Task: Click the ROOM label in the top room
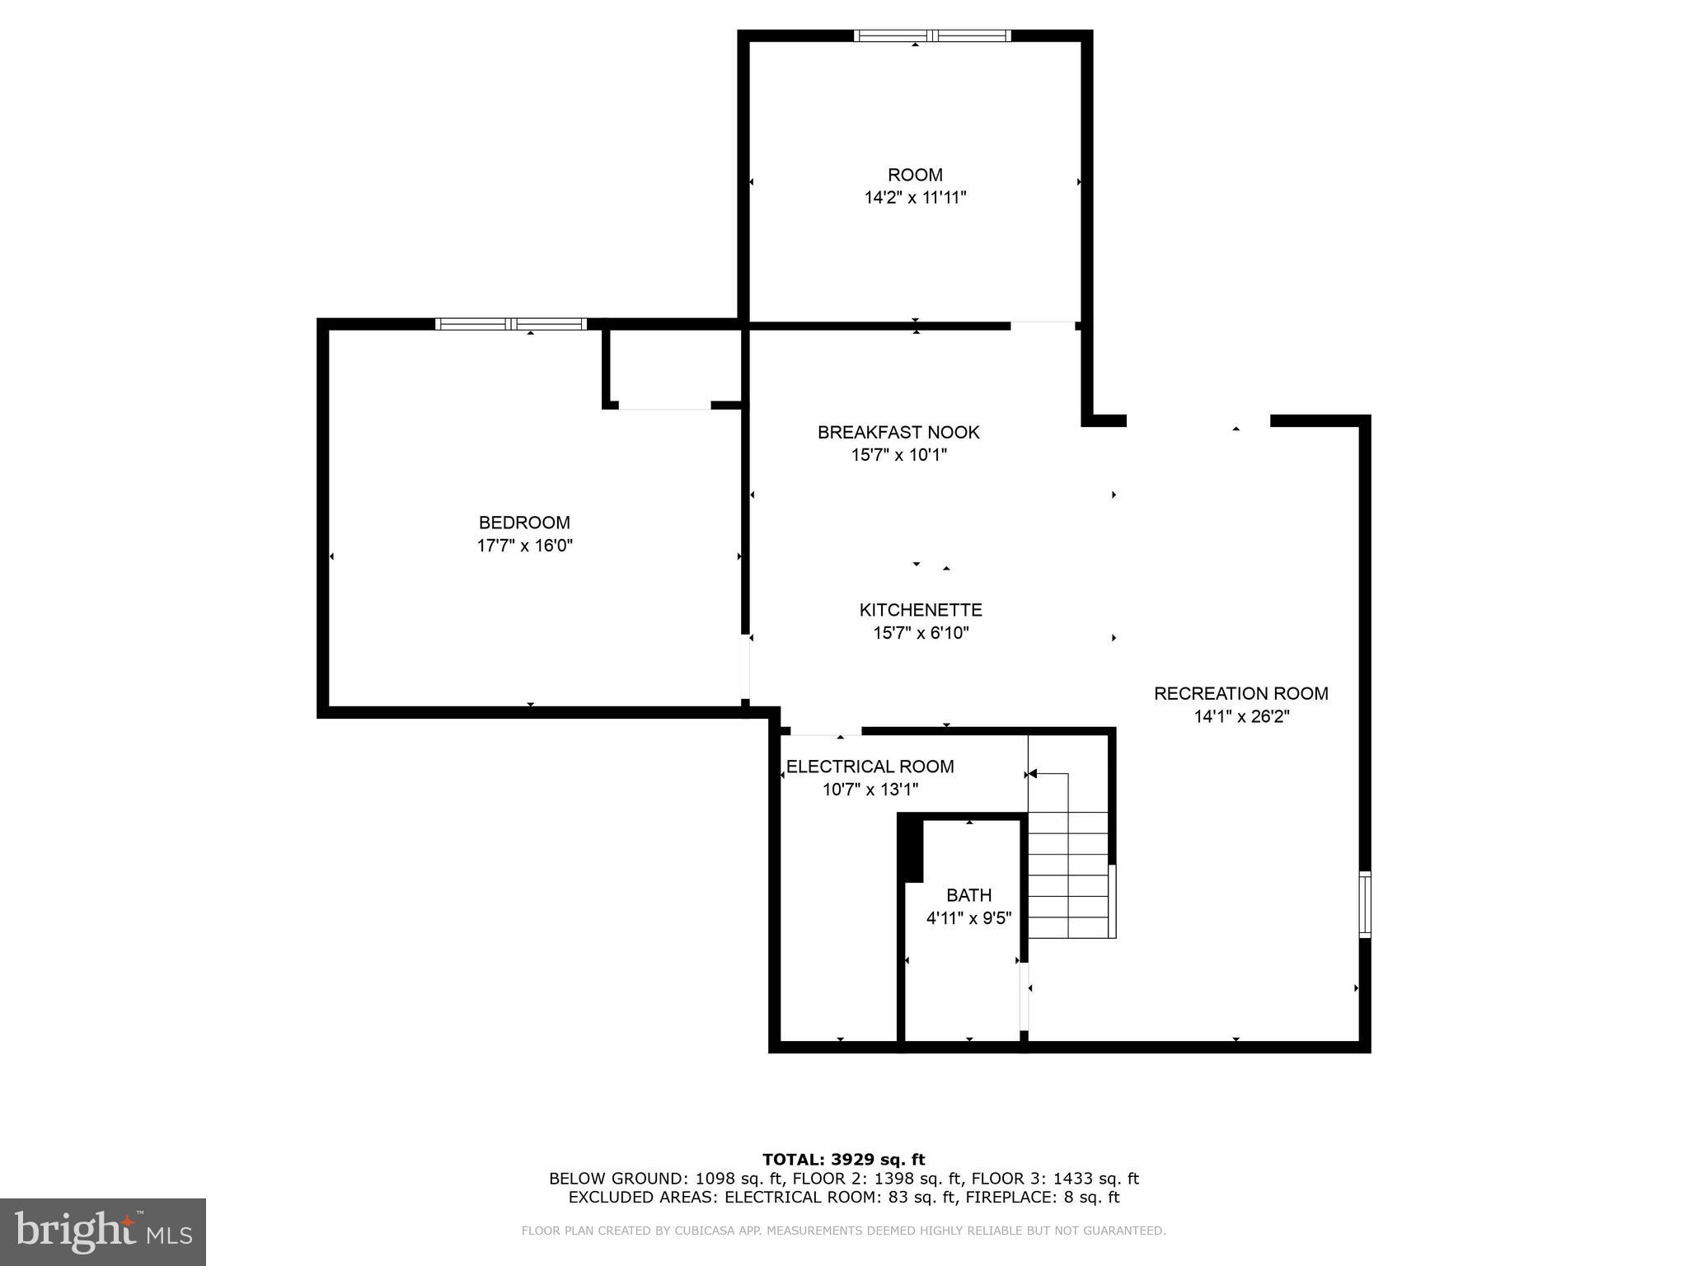915,175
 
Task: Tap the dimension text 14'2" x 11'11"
915,198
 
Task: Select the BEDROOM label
524,523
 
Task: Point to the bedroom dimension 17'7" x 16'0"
524,546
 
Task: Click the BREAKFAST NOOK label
898,432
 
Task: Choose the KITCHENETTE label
921,610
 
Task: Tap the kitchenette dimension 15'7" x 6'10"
921,633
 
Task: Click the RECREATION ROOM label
1240,693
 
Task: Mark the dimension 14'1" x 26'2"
1240,716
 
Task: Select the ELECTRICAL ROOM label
870,767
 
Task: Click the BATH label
968,895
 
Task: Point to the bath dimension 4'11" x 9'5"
968,918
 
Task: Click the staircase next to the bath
1069,874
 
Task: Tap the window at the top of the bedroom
511,324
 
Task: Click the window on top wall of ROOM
932,35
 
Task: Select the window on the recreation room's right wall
1365,904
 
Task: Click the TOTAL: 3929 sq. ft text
843,1160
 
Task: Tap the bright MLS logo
103,1231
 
